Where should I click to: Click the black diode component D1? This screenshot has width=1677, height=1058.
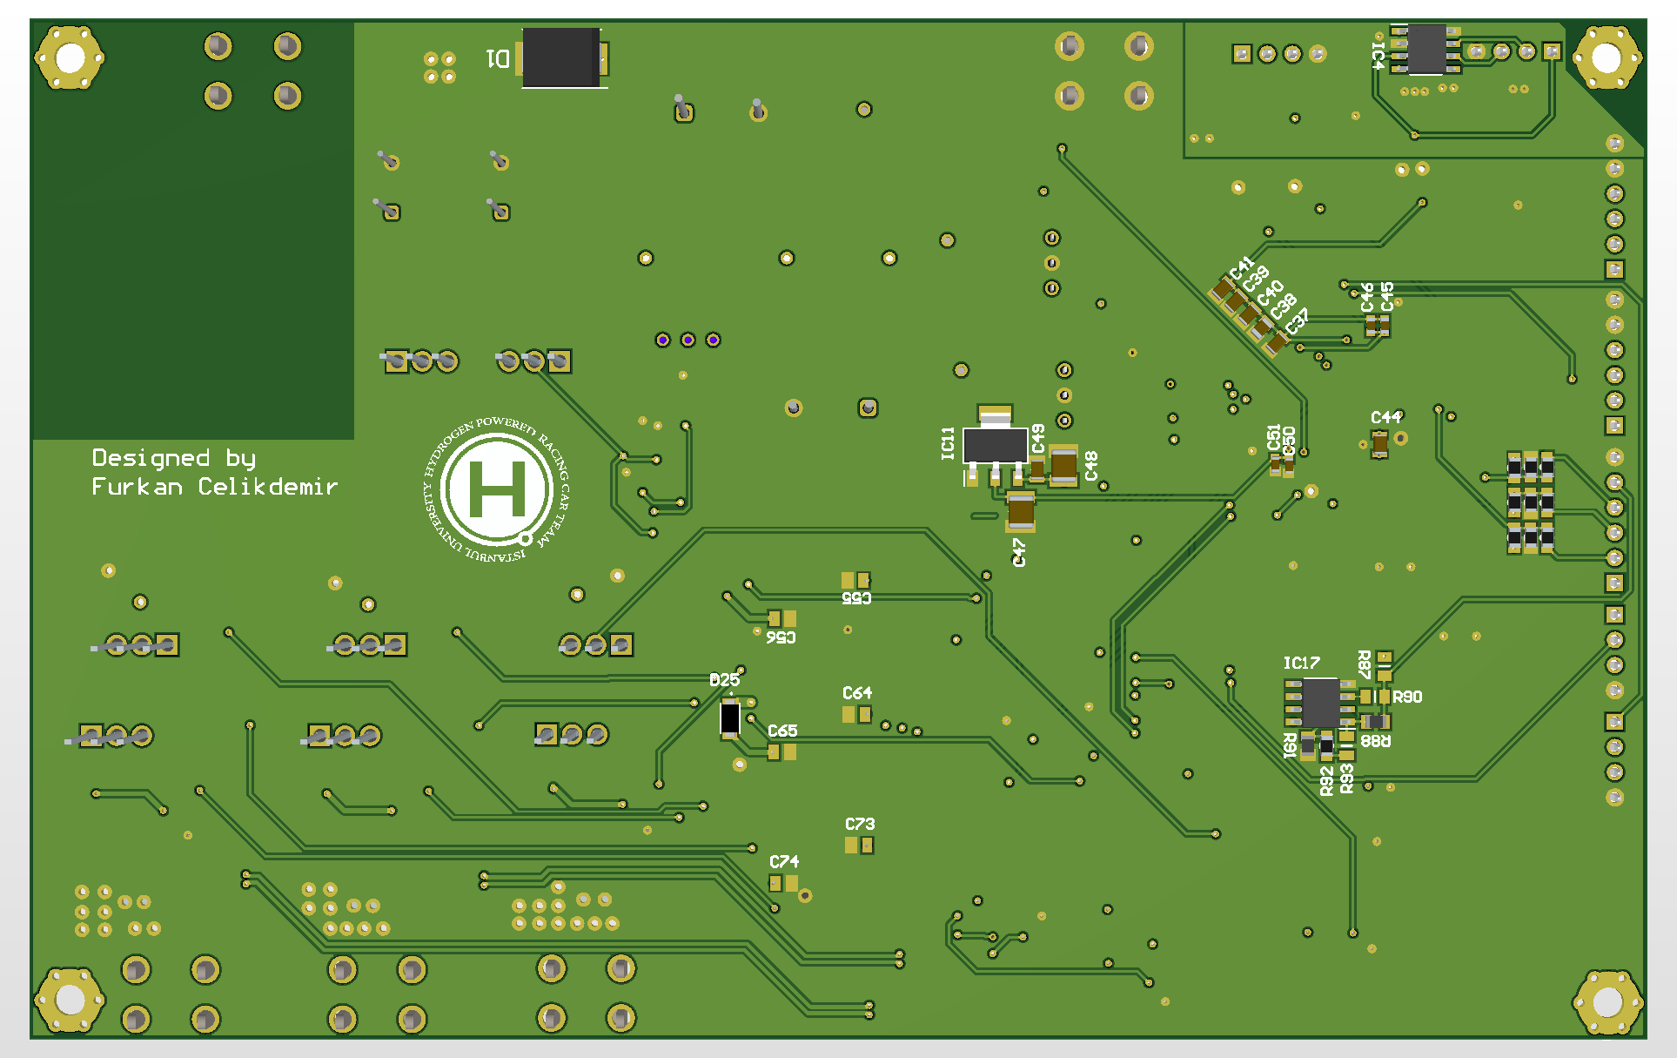(561, 57)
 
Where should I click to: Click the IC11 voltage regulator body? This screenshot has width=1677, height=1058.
(996, 446)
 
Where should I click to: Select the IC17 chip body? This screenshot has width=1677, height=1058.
(1320, 703)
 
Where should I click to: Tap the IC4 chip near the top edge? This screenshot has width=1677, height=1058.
(1426, 50)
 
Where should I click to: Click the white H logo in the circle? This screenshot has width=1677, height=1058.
(497, 489)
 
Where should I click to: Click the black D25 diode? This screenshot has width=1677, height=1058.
(730, 718)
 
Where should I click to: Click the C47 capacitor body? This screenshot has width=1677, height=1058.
(1021, 511)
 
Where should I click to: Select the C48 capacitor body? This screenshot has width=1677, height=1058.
(1063, 465)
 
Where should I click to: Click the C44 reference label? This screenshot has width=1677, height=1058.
(1386, 417)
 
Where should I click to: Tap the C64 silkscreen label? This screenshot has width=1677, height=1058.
(857, 693)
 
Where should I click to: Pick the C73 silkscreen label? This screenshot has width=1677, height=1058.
(860, 824)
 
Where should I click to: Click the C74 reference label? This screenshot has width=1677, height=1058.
(784, 861)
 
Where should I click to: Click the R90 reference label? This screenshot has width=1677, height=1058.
(1407, 697)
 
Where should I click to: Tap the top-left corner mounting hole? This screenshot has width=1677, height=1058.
(70, 57)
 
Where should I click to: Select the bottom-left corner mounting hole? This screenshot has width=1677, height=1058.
(70, 1000)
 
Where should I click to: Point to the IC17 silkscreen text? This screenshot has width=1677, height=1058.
(1301, 664)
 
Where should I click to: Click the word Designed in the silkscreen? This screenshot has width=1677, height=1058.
(151, 457)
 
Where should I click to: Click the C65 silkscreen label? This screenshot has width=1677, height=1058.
(782, 731)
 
